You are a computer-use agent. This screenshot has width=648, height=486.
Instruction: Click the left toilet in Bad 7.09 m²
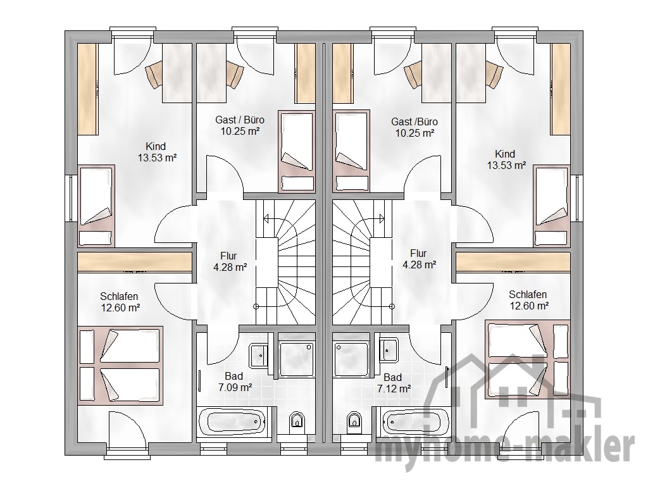point(296,420)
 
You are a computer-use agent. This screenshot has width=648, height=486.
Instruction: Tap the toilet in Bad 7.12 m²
point(354,420)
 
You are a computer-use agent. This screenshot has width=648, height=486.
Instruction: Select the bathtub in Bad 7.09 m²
point(232,421)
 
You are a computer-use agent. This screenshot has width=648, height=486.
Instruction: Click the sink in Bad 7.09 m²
point(260,354)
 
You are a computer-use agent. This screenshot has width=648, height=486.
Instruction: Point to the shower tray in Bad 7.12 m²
point(351,359)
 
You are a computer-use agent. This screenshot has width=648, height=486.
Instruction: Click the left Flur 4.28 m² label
point(230,261)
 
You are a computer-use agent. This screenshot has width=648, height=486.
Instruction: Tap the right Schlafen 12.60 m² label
point(528,300)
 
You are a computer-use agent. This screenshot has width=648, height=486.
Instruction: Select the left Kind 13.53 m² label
point(157,152)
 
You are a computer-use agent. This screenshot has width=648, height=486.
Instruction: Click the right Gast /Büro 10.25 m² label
point(414,127)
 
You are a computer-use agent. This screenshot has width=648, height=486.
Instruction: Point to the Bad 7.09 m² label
point(234,382)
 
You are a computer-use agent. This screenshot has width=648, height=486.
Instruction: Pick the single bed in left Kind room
point(96,206)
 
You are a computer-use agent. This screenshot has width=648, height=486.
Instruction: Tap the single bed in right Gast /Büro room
point(351,151)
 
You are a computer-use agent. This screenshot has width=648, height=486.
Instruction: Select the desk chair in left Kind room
point(154,75)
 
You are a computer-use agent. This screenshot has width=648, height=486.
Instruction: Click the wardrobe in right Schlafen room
point(513,263)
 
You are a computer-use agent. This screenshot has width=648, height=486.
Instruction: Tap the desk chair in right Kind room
point(493,75)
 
